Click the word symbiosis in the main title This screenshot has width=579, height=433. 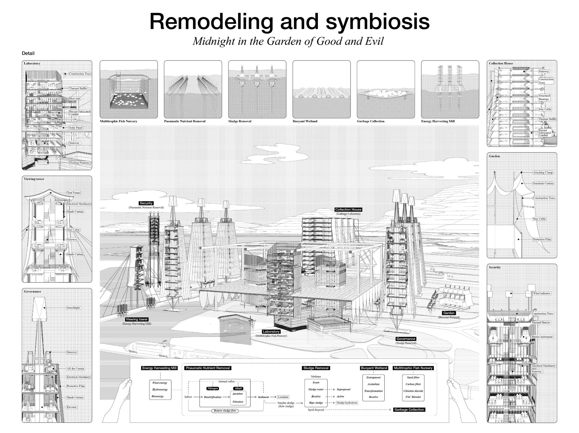[378, 22]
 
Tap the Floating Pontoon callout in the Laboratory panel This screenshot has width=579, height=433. [79, 163]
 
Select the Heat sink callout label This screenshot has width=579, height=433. [75, 98]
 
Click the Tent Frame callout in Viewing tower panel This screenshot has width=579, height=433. [74, 193]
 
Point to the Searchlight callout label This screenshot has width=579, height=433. [73, 308]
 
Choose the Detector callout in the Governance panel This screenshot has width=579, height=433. [72, 352]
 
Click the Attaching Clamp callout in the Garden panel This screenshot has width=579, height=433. [543, 173]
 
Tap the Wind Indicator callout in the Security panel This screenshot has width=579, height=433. [541, 293]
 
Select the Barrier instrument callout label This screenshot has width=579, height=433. [542, 337]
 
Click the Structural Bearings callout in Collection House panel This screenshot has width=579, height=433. [544, 97]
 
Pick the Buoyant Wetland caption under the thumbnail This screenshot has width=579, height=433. [305, 121]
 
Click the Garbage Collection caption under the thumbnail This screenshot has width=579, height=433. [370, 121]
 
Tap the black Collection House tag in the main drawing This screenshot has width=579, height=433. [348, 210]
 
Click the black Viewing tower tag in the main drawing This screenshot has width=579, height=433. [137, 319]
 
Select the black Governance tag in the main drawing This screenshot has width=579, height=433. [406, 339]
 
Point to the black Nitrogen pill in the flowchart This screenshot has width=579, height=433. [213, 389]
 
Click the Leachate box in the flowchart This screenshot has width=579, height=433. [283, 397]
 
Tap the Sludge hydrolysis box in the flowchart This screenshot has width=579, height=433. [347, 403]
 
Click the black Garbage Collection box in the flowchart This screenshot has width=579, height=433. [409, 410]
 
